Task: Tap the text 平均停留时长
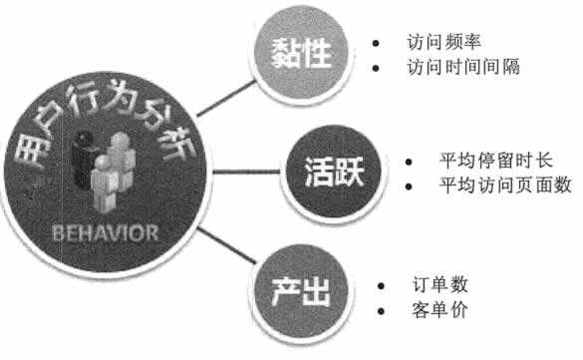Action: coord(488,160)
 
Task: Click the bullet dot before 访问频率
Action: coord(375,46)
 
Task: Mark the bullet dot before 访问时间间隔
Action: coord(375,70)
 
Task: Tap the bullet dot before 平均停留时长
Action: coord(411,161)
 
